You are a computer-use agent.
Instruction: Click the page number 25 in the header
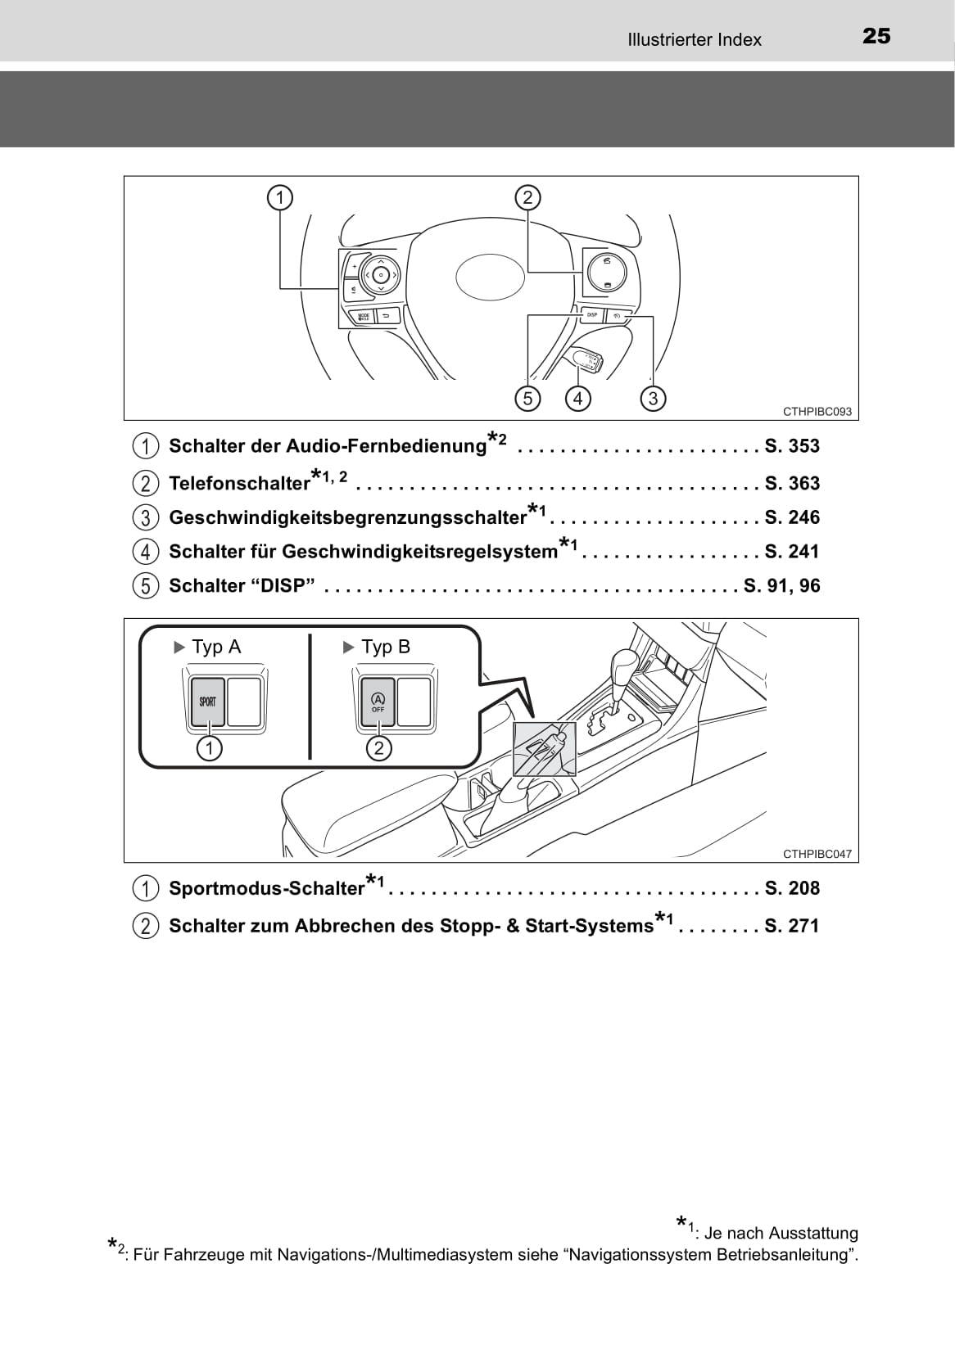(x=876, y=36)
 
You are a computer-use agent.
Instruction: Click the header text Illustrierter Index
(x=694, y=39)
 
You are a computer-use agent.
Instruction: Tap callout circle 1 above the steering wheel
(x=280, y=197)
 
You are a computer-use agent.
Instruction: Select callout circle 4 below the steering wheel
(x=578, y=399)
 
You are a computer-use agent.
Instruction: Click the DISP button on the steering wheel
(x=592, y=315)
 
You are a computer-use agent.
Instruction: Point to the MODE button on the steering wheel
(x=364, y=316)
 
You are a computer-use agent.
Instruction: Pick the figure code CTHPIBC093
(x=817, y=412)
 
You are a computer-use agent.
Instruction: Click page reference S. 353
(x=792, y=446)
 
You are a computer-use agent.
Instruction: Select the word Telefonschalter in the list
(x=239, y=484)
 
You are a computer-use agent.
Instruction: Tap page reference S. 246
(x=792, y=517)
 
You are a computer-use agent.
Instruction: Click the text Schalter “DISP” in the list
(x=242, y=586)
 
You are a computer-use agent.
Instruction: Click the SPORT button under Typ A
(x=208, y=702)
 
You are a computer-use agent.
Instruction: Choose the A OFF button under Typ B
(x=378, y=702)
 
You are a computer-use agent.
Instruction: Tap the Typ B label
(x=385, y=647)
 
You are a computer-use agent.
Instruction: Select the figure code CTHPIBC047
(x=817, y=854)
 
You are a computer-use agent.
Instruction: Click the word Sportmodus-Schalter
(x=266, y=889)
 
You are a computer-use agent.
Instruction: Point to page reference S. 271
(x=792, y=926)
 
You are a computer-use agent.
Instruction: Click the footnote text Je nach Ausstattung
(x=781, y=1233)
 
